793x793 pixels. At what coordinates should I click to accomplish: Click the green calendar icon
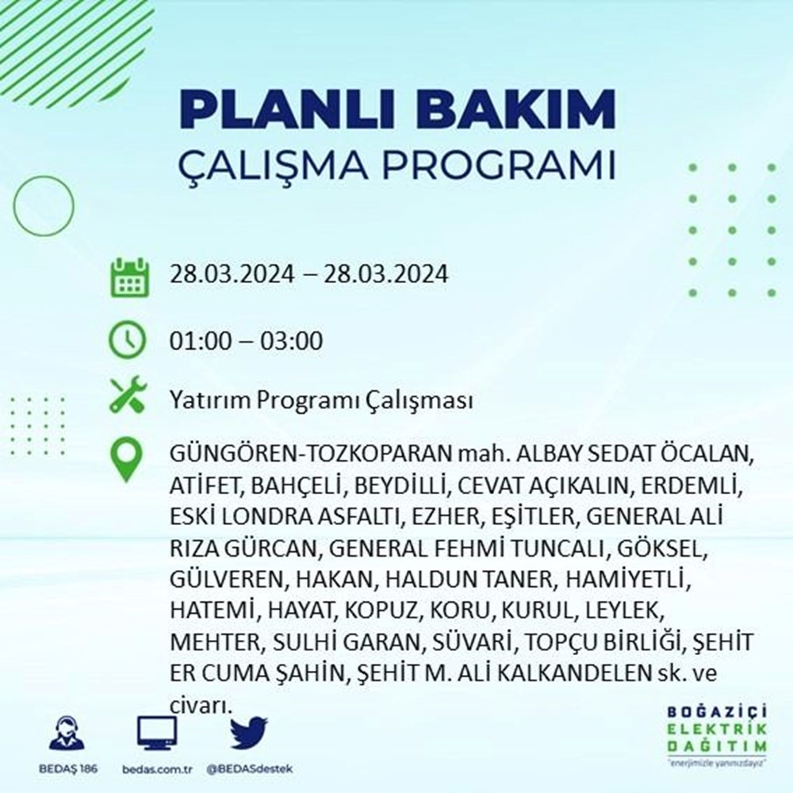pos(128,276)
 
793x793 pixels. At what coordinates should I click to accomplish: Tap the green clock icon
pos(128,342)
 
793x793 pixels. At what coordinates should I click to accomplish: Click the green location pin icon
pos(128,459)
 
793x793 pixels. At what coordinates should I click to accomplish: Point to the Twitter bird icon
pos(249,733)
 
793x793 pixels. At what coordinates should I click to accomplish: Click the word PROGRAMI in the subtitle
pos(508,167)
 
